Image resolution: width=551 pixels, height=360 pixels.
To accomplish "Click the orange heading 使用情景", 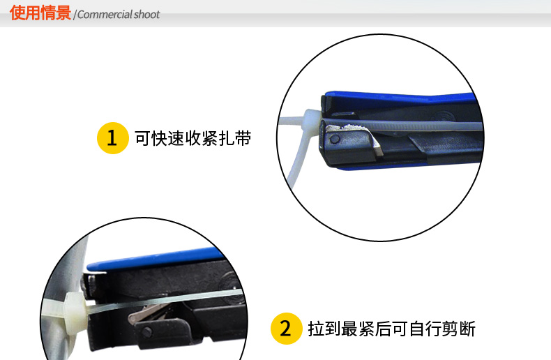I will coord(40,13).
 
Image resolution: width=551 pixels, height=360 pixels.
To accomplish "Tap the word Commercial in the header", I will coord(105,15).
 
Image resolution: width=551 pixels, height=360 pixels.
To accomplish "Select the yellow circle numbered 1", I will coord(111,138).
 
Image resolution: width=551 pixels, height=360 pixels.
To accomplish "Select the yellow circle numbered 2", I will coord(285,328).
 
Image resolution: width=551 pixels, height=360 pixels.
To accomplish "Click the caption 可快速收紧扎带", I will coord(193,138).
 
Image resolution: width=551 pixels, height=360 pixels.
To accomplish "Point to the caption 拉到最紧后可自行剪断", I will coord(391,328).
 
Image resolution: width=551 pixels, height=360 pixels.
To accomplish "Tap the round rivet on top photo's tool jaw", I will coord(335,140).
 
